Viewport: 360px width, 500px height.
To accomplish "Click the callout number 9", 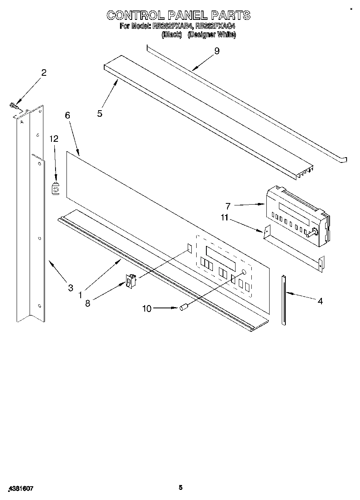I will tap(217, 51).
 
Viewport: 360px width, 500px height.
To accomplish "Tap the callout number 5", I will tap(100, 113).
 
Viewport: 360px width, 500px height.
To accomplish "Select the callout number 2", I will tap(44, 73).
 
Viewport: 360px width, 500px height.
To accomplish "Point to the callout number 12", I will tap(54, 139).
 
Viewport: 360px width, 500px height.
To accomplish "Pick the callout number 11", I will tap(225, 218).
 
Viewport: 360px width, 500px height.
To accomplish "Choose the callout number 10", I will tap(146, 309).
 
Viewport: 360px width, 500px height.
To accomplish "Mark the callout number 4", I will tap(320, 301).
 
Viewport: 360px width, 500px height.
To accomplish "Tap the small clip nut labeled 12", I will tap(56, 188).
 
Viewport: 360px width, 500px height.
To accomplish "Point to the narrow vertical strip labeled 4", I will tap(283, 300).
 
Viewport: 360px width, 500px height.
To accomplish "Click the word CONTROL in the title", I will tap(135, 15).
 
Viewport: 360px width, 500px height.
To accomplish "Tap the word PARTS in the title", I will tap(230, 15).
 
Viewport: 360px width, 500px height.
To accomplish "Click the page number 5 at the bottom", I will tap(181, 487).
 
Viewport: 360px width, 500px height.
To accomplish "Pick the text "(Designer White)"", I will tap(212, 35).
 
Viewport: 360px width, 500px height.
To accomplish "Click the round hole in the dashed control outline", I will tap(244, 272).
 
